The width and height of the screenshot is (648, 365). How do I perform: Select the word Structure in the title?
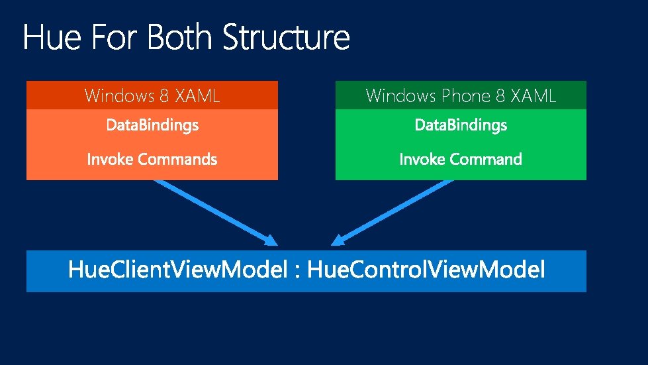[x=286, y=38]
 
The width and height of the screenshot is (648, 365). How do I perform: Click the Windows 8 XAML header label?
[x=152, y=96]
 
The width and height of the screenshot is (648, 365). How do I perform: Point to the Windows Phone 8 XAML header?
[x=461, y=96]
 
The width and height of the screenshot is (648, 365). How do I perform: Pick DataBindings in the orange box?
[x=152, y=125]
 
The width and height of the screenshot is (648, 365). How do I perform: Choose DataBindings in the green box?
[x=461, y=125]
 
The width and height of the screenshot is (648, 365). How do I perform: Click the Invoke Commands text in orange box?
[x=152, y=160]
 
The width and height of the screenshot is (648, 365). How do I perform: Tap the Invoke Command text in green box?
[x=461, y=160]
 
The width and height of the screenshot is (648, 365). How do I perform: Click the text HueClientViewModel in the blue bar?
[x=178, y=270]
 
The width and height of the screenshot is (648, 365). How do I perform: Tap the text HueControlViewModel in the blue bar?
[x=427, y=270]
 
